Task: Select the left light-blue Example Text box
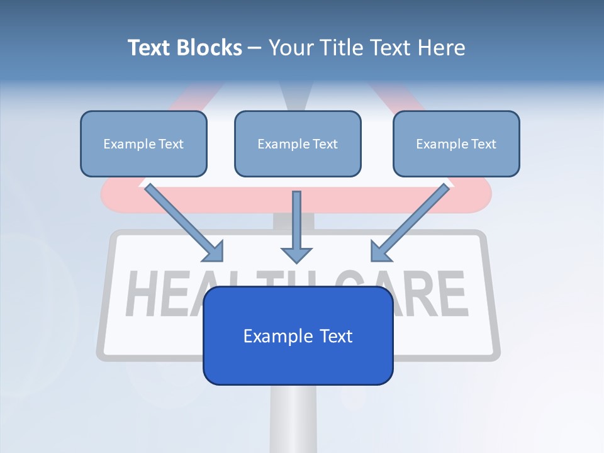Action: (143, 143)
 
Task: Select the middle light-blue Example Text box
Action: (298, 143)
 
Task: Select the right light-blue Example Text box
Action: (456, 143)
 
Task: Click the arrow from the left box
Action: (179, 220)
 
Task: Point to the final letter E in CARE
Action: (452, 294)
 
